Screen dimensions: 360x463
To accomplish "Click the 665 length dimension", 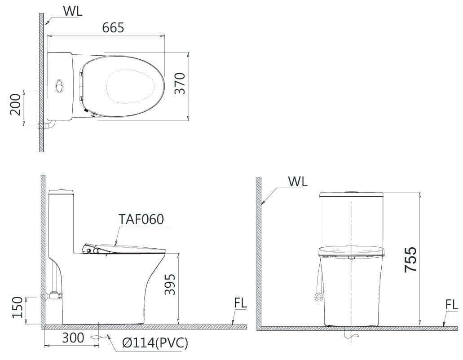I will pos(113,28).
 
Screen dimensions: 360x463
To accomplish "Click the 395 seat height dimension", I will pos(169,285).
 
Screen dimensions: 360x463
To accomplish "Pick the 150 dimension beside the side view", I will pos(17,307).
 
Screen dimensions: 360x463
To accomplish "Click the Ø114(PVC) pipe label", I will pos(155,343).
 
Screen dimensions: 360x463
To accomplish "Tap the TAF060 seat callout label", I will pos(141,219).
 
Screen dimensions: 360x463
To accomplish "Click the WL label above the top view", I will pos(72,12).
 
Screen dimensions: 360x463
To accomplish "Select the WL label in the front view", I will pos(297,182).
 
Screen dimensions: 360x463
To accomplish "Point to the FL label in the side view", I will pos(240,303).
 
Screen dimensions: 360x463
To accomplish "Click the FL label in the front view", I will pos(451,305).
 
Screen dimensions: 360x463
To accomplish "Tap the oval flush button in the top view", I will pos(59,85).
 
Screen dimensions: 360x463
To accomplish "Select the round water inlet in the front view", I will pos(318,297).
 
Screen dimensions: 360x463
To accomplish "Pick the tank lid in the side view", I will pos(61,192).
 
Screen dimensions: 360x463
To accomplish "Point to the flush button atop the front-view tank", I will pos(351,192).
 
